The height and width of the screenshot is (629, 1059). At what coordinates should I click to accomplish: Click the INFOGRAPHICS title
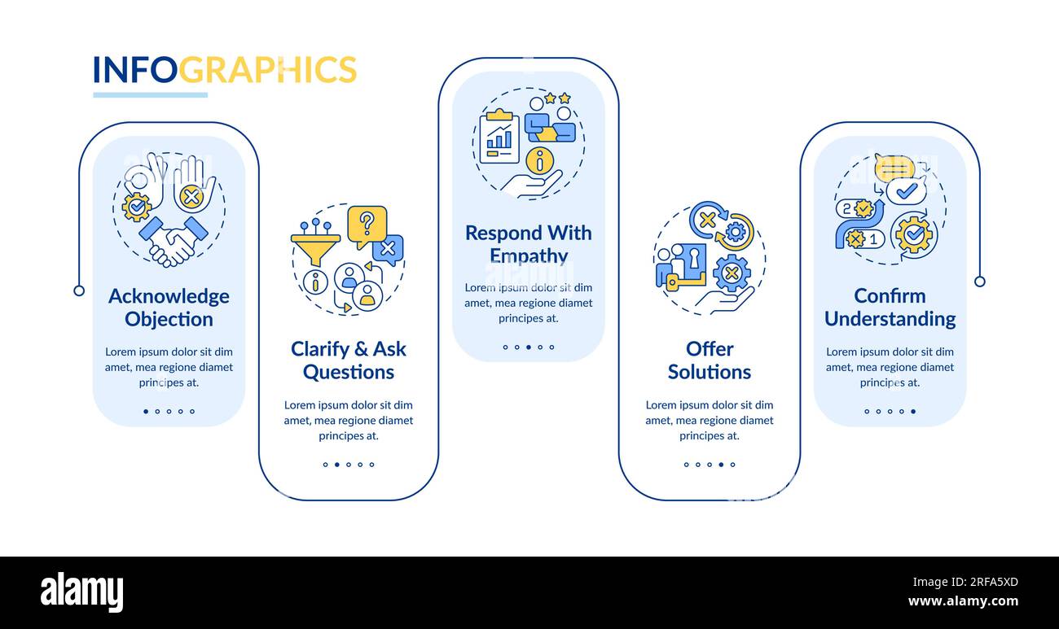click(225, 70)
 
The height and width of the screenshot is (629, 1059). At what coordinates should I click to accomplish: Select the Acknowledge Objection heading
click(169, 308)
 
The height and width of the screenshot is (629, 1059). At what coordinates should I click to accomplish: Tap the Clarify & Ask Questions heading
click(349, 360)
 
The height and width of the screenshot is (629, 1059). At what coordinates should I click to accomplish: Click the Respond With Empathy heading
click(529, 244)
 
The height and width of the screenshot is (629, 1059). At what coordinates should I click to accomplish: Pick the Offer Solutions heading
click(710, 360)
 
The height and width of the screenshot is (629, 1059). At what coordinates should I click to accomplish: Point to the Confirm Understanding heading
click(890, 308)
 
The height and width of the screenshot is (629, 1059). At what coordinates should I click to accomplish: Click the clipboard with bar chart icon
click(499, 137)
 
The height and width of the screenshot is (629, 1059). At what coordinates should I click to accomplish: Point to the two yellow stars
click(557, 98)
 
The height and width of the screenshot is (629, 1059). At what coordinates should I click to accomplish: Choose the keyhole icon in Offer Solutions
click(693, 259)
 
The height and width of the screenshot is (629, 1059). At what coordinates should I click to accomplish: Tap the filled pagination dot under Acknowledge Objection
click(146, 411)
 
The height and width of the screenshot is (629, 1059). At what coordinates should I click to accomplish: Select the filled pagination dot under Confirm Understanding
click(913, 411)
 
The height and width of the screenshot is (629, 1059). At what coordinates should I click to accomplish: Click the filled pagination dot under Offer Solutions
click(721, 465)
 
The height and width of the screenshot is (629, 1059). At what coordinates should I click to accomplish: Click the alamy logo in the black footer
click(81, 592)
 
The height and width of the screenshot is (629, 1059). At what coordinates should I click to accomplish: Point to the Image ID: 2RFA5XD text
click(965, 582)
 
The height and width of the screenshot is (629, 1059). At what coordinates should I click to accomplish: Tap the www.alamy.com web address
click(963, 601)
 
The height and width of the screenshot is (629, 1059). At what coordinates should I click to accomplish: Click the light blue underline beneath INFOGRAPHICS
click(151, 95)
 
